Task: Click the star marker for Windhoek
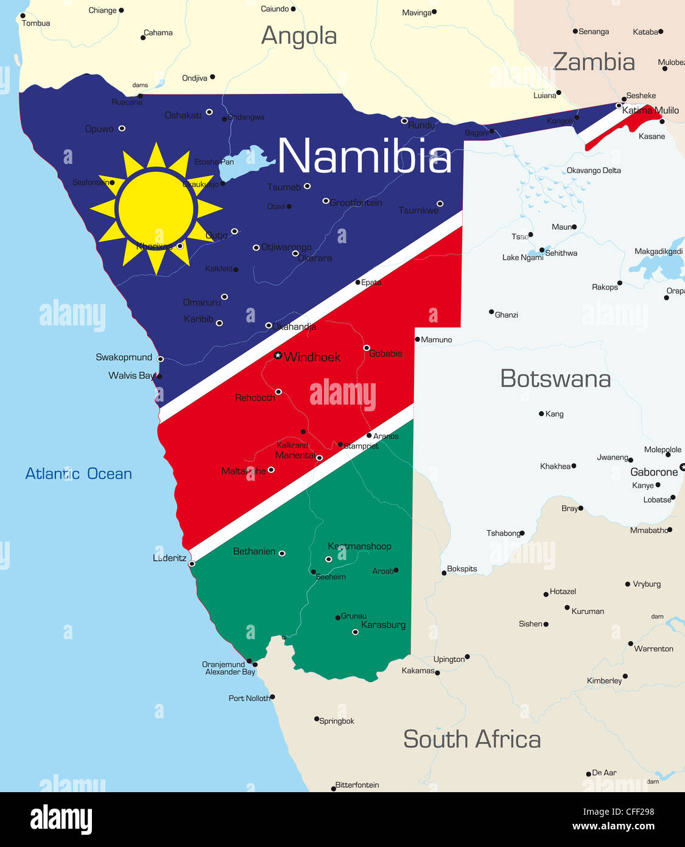tap(278, 355)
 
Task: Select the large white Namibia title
tap(365, 156)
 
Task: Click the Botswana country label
tap(555, 378)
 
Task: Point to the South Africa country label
tap(472, 739)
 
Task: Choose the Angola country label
tap(299, 36)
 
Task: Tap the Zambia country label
tap(594, 62)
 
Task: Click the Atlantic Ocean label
tap(79, 473)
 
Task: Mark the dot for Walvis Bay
tap(159, 377)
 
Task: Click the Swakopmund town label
tap(124, 357)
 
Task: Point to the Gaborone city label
tap(654, 472)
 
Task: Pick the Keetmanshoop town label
tap(359, 546)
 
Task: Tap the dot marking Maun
tap(574, 227)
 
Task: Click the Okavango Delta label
tap(594, 171)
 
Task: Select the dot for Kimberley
tap(625, 676)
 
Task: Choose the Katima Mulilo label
tap(650, 110)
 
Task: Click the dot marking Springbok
tap(317, 719)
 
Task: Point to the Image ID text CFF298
tap(619, 812)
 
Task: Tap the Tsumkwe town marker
tap(440, 204)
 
